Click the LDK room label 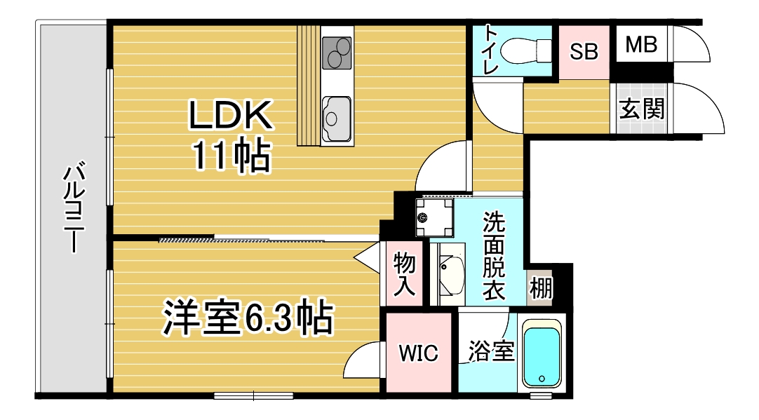(x=230, y=115)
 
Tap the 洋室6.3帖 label (x=248, y=318)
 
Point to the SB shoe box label (x=584, y=51)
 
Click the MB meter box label (x=641, y=45)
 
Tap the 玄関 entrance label (x=642, y=109)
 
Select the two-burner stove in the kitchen (x=337, y=53)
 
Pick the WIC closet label (x=419, y=353)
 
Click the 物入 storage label (x=404, y=274)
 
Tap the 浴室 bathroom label (x=491, y=351)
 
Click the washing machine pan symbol (x=435, y=218)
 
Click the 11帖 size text (x=231, y=156)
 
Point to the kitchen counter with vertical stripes (x=309, y=85)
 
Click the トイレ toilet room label (x=490, y=49)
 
